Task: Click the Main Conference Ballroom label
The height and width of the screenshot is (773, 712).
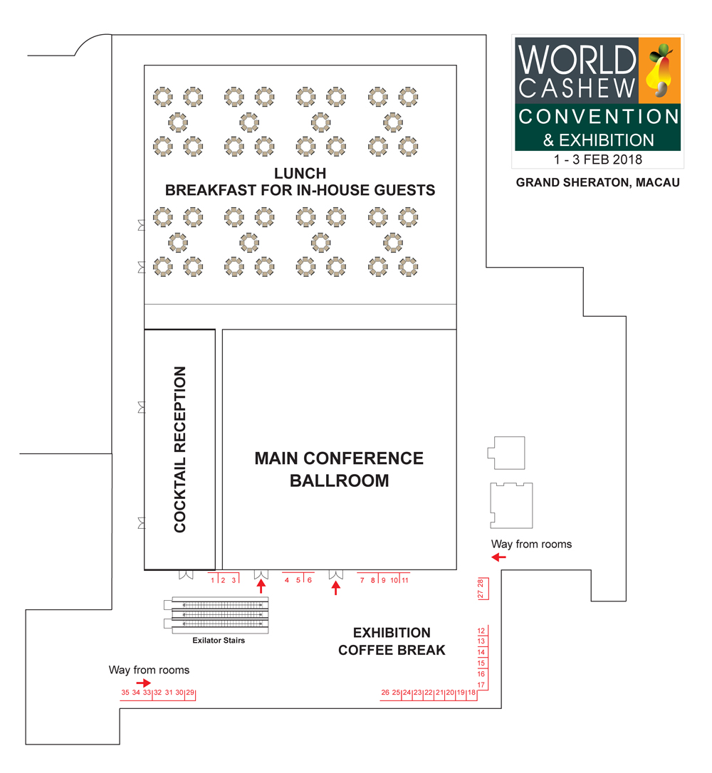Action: pyautogui.click(x=339, y=469)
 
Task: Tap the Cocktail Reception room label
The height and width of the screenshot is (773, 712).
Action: pyautogui.click(x=179, y=449)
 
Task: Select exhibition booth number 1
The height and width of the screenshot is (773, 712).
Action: pyautogui.click(x=213, y=580)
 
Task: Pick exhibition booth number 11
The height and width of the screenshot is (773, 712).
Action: pyautogui.click(x=404, y=580)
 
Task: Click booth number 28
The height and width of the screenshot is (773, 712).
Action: pyautogui.click(x=481, y=583)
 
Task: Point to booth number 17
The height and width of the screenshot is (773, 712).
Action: pyautogui.click(x=481, y=685)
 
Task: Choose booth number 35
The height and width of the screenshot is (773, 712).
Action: pyautogui.click(x=125, y=692)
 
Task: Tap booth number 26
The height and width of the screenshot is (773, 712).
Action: pyautogui.click(x=385, y=692)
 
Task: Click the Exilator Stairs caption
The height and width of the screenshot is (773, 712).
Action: pyautogui.click(x=219, y=641)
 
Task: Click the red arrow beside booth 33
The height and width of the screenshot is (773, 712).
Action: pyautogui.click(x=143, y=682)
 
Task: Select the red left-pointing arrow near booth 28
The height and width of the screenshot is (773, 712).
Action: pyautogui.click(x=499, y=557)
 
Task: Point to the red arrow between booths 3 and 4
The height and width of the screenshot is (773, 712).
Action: pyautogui.click(x=261, y=587)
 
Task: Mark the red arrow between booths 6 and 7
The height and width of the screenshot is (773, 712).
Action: pyautogui.click(x=336, y=588)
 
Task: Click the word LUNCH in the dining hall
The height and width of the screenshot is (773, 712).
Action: pyautogui.click(x=300, y=174)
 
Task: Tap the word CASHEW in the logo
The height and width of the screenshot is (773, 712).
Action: pyautogui.click(x=576, y=88)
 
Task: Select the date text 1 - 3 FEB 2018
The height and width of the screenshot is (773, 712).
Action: pyautogui.click(x=597, y=160)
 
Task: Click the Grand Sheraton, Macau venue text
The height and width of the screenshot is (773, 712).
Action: pyautogui.click(x=597, y=183)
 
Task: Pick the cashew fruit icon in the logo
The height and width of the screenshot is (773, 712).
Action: pyautogui.click(x=660, y=71)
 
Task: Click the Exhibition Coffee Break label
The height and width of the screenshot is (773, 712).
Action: pyautogui.click(x=392, y=641)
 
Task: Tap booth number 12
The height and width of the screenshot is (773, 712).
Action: pyautogui.click(x=481, y=631)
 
